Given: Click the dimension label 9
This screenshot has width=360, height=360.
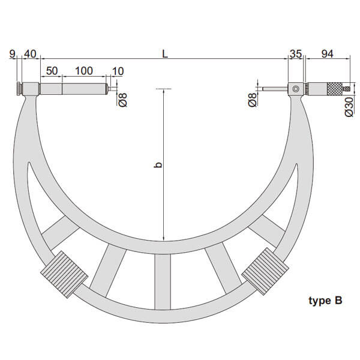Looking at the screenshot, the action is pos(12,54).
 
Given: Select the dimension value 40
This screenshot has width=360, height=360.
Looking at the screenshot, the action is pos(31,54).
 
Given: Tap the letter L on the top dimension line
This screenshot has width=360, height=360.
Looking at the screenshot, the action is pos(165,54).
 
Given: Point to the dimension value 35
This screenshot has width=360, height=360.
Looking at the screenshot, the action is pos(296,54).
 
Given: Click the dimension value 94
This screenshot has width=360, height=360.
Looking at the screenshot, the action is pos(327,54).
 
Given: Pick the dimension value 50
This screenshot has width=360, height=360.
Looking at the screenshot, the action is pos(52,71).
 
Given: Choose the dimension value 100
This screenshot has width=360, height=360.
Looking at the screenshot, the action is pos(84,71).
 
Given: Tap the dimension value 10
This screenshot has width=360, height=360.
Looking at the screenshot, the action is pos(118,71).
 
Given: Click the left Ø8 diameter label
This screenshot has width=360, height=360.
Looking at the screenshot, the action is pos(123,100).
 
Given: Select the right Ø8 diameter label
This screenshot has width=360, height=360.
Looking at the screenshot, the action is pos(253,100).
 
